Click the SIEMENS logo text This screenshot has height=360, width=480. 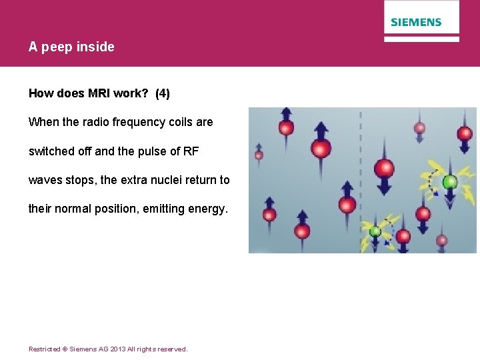coord(416,22)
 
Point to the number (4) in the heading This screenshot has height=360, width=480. coord(162,94)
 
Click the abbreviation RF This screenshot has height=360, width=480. coord(190,151)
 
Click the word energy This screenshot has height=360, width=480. coord(207,209)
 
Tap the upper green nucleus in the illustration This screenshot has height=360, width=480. coord(450,181)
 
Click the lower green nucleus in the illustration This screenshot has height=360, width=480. coord(375,231)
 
